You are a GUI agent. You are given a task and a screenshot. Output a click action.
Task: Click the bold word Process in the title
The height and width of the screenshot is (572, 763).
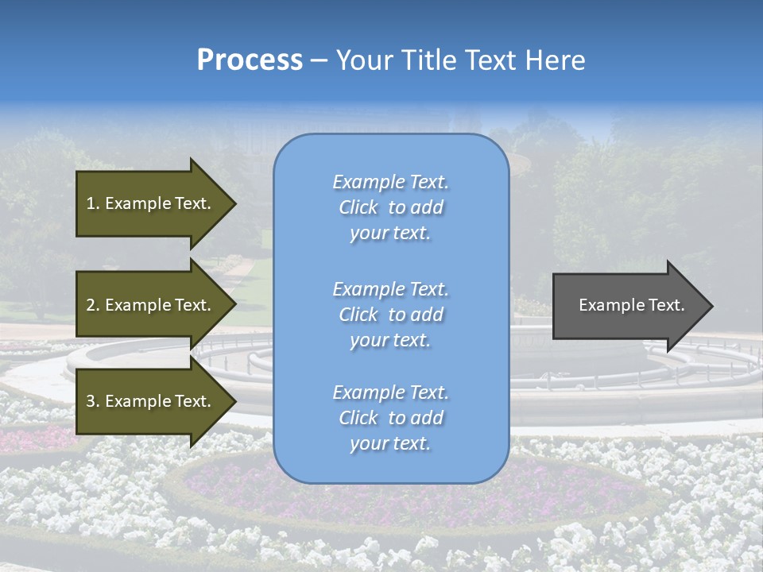point(250,60)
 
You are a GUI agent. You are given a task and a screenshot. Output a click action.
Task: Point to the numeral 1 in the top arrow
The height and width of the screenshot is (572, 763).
point(91,203)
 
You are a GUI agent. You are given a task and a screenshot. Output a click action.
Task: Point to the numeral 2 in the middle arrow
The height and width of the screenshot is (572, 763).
point(91,305)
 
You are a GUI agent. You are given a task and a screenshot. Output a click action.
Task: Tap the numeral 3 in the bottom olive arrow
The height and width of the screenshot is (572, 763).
point(91,401)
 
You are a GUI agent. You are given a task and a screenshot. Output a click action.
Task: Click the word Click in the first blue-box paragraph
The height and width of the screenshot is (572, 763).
point(358,207)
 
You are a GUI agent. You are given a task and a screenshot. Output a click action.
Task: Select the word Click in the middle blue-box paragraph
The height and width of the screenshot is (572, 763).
point(358,315)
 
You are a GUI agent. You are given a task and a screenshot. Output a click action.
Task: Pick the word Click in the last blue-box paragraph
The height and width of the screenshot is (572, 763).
point(358,418)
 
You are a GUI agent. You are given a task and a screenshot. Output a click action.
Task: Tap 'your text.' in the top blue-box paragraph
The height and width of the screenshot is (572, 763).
point(390,234)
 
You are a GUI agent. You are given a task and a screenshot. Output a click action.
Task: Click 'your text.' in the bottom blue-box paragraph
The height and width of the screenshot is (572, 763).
point(390,444)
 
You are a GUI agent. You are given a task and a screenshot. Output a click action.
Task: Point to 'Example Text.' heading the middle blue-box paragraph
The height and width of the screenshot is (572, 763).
point(390,289)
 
